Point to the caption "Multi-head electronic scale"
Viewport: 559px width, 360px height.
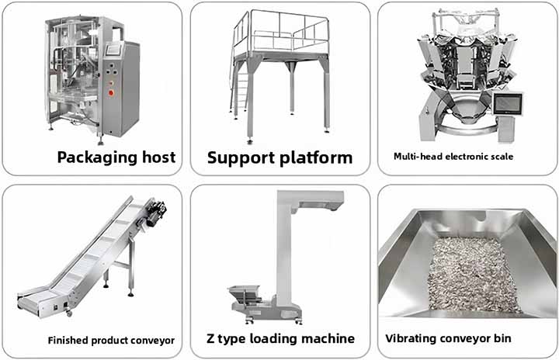pos(453,157)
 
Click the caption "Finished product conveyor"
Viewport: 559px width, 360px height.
pos(111,341)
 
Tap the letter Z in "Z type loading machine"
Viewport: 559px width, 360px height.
pos(210,338)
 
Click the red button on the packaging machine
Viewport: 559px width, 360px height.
pos(111,93)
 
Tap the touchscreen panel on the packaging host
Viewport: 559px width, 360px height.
pos(113,50)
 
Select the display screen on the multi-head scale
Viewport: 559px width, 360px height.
pos(507,104)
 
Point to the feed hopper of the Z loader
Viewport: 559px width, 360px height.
pos(245,294)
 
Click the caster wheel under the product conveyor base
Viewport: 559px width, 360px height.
pos(68,313)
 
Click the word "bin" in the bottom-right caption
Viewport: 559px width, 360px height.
pos(502,338)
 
